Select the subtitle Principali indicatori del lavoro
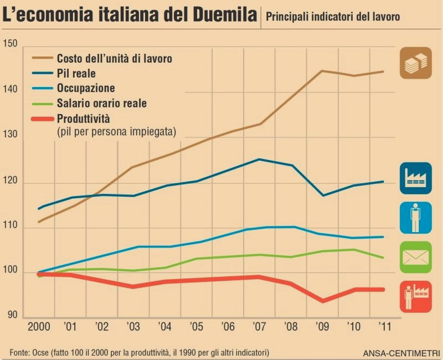pos(333,17)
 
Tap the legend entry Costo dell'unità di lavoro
pos(114,58)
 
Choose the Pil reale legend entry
pos(76,73)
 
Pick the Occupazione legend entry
pos(86,88)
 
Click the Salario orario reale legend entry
pos(101,103)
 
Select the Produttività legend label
pos(84,119)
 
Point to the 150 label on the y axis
pos(11,44)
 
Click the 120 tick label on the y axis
pos(11,181)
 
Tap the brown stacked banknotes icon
pos(415,63)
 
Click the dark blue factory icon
pos(415,178)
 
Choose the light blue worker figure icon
pos(415,218)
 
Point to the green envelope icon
pos(415,257)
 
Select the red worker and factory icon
pos(415,297)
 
